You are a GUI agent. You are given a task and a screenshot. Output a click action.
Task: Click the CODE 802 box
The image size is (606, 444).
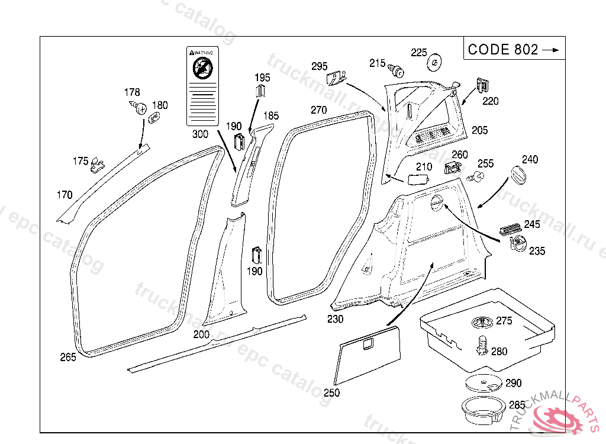(514, 49)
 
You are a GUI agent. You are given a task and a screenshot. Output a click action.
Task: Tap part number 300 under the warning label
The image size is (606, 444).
(201, 134)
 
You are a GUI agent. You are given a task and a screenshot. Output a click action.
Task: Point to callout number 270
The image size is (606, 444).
(318, 110)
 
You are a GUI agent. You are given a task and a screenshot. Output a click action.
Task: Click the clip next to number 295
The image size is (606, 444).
(336, 78)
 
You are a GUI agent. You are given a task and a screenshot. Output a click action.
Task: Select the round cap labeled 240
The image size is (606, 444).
(518, 176)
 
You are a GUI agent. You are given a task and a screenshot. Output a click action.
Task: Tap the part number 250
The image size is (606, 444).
(332, 392)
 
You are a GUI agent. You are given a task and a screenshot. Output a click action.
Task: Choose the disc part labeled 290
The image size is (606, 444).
(483, 384)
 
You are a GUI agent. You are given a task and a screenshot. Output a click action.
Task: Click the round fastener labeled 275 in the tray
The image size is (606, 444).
(484, 323)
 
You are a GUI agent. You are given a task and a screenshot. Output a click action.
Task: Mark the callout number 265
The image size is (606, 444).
(68, 357)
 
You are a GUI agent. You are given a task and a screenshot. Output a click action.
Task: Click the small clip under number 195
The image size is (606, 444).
(261, 91)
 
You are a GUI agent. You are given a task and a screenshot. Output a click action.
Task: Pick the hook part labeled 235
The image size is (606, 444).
(518, 243)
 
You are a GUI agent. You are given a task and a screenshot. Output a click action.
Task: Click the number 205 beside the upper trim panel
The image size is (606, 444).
(479, 130)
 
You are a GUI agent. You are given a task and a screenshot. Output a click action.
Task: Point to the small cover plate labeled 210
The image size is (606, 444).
(419, 179)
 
